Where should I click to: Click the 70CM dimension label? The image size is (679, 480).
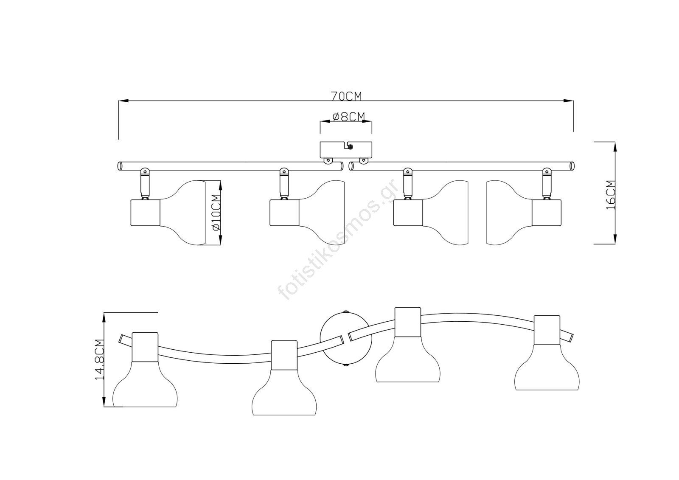[x=346, y=96]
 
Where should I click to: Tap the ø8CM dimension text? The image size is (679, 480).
[x=348, y=117]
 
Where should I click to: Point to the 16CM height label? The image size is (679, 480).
[x=611, y=195]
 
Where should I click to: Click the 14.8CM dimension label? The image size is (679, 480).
[x=100, y=359]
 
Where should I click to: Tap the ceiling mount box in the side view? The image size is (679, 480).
[x=346, y=150]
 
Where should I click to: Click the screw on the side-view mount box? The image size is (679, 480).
[x=351, y=147]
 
